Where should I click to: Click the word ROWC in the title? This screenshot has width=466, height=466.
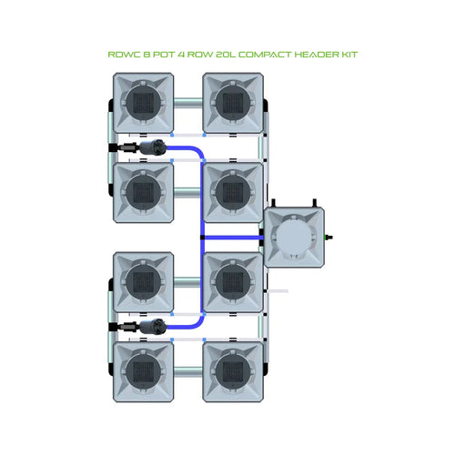122,55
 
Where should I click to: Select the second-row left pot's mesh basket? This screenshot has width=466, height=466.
142,191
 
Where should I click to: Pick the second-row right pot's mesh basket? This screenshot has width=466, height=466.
233,191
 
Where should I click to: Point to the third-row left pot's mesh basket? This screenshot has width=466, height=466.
142,279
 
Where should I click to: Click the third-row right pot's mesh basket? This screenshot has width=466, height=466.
233,279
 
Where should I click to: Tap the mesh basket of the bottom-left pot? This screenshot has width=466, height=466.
142,369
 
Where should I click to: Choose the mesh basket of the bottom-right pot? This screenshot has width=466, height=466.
233,369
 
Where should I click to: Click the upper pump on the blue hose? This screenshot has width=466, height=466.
157,146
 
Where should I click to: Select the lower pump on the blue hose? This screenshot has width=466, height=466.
157,325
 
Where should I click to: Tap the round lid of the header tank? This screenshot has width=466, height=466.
293,238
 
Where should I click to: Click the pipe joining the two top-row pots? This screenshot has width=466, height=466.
187,101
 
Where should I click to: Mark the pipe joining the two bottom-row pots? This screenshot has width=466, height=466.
187,370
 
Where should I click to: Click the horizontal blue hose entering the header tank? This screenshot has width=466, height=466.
229,238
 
